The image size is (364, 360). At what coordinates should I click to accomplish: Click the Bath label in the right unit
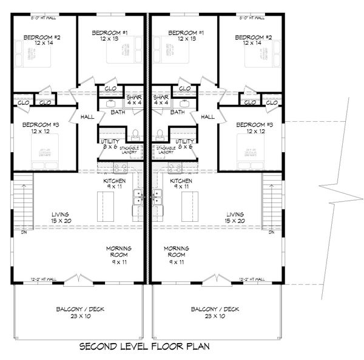pyautogui.click(x=178, y=112)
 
